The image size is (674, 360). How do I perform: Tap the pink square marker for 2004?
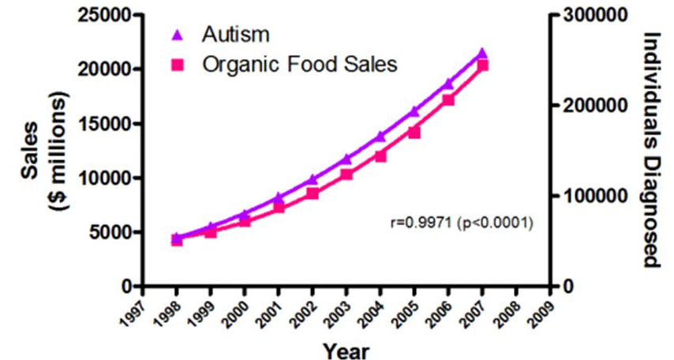[380, 156]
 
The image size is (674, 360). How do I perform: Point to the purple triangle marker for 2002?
[313, 179]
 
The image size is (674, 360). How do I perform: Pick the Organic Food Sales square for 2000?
[245, 221]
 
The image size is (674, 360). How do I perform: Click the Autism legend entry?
[235, 34]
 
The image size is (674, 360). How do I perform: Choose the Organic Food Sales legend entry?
[298, 65]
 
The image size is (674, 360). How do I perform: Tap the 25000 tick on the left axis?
[102, 15]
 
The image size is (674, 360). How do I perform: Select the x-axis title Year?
[345, 347]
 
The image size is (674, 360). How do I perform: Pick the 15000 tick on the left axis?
[102, 124]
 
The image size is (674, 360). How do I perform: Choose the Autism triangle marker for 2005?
[414, 111]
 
